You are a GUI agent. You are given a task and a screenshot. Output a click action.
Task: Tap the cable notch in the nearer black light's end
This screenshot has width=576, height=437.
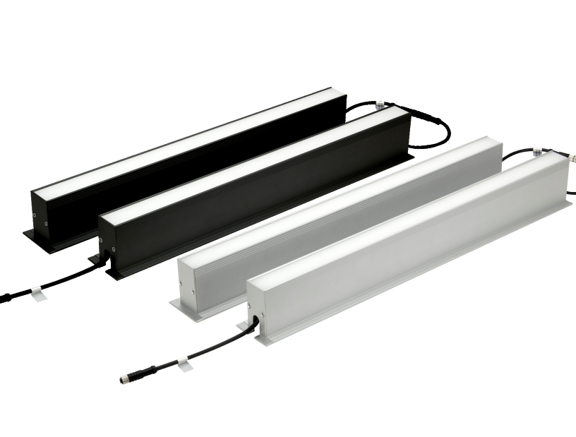[x=106, y=250]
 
